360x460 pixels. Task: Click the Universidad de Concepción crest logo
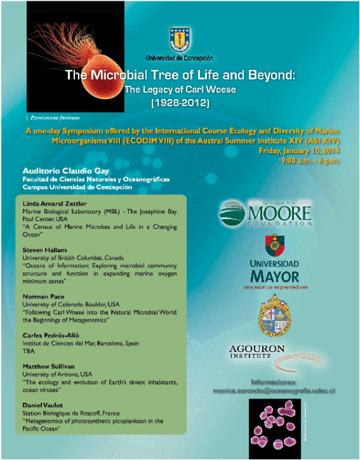click(x=179, y=40)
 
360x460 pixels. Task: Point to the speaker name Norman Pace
click(x=40, y=297)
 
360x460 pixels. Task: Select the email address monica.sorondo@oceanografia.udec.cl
click(x=274, y=390)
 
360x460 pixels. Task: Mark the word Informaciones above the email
click(x=274, y=381)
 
